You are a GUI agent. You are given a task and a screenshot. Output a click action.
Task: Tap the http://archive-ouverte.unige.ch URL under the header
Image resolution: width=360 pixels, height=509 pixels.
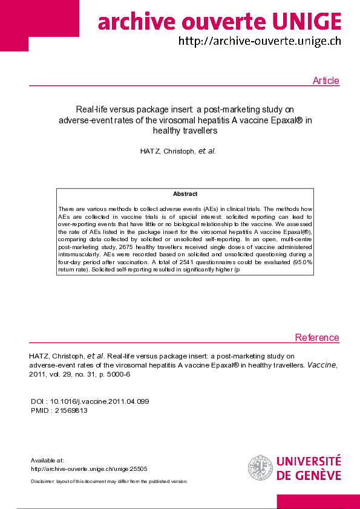point(259,41)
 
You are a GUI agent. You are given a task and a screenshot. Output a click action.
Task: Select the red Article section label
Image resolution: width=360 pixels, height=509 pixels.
point(326,81)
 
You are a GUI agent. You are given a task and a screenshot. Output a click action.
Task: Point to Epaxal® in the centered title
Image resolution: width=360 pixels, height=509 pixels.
point(284,120)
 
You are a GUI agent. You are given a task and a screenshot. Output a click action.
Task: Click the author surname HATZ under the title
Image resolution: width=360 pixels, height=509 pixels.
point(151,151)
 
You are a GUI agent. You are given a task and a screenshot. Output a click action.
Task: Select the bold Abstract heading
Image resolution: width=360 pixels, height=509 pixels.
point(185,194)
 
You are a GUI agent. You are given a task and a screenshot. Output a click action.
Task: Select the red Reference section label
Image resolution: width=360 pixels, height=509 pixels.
point(317,337)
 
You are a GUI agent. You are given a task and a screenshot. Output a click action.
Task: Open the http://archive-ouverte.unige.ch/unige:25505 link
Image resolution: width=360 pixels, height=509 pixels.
point(89,468)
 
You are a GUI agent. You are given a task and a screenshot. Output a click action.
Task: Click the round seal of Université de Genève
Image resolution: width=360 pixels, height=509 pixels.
point(260,468)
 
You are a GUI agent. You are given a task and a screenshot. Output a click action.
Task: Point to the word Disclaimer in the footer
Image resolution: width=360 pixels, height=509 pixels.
point(42,481)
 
